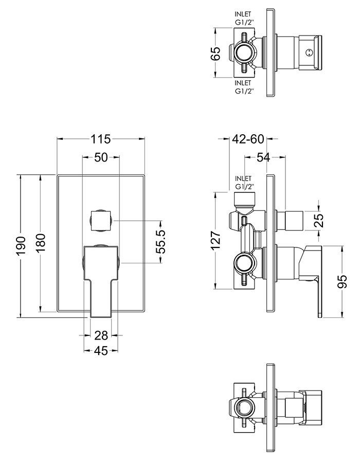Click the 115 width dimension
(101, 139)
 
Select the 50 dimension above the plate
(101, 157)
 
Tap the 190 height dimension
(22, 246)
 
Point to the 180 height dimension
(40, 243)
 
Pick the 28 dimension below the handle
(101, 335)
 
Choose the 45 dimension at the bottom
(101, 351)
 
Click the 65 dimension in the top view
(216, 53)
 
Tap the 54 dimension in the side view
(263, 157)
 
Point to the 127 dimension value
(216, 240)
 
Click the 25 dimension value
(319, 220)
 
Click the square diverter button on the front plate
(101, 220)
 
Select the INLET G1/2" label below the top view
(244, 87)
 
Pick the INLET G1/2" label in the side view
(244, 183)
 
